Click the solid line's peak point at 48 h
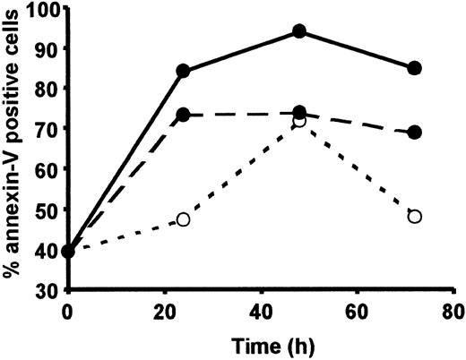(299, 31)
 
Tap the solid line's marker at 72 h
(414, 68)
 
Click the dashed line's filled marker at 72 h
(414, 133)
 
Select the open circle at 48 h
(299, 120)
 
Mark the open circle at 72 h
(414, 216)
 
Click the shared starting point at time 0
(68, 251)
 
